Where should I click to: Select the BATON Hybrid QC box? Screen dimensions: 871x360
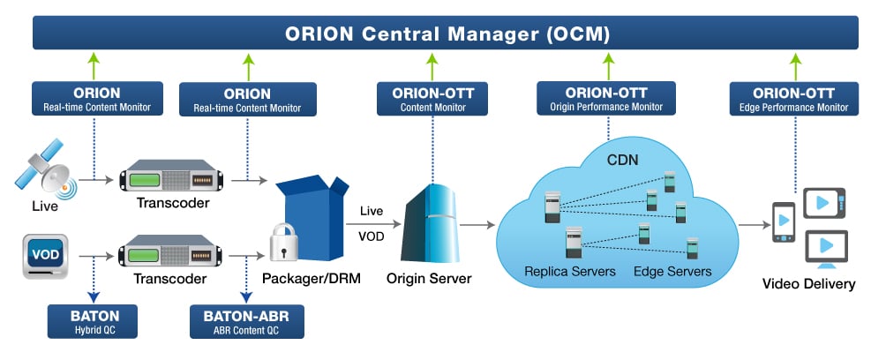(92, 321)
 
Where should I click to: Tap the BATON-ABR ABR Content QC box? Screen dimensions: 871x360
(246, 322)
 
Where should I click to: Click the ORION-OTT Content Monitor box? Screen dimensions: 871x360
(432, 98)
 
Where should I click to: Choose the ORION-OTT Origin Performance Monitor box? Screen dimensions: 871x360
(606, 98)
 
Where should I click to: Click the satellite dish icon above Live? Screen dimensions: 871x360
(46, 169)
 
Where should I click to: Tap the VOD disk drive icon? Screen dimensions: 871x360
(46, 256)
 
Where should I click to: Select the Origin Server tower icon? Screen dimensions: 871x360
(430, 222)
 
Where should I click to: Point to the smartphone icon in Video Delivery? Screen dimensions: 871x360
(784, 221)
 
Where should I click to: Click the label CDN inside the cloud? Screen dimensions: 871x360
(623, 161)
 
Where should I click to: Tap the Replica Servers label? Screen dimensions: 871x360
(570, 271)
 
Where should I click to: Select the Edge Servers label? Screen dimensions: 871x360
(672, 271)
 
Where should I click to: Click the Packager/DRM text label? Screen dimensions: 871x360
(312, 278)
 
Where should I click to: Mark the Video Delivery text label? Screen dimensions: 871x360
(808, 284)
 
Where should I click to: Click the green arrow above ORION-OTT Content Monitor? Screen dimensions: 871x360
(432, 67)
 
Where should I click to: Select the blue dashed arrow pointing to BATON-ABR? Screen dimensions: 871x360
(246, 281)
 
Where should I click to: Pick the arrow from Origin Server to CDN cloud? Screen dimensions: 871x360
(477, 224)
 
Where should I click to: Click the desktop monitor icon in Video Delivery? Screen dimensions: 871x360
(826, 249)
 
